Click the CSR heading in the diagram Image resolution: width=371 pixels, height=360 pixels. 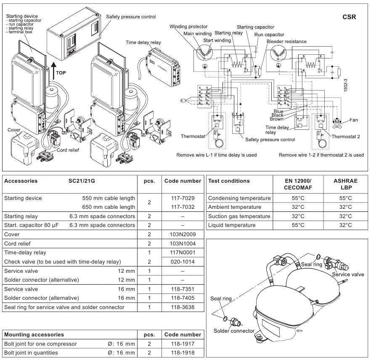click(x=349, y=17)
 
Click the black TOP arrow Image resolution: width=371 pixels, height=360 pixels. click(x=53, y=72)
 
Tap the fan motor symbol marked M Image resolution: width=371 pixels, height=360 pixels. click(x=337, y=122)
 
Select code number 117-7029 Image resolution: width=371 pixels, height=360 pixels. click(x=183, y=198)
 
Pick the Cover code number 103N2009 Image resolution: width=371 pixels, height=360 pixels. click(x=183, y=234)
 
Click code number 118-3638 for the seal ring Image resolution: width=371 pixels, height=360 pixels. click(x=183, y=307)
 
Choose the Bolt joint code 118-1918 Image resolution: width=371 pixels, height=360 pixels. click(x=183, y=352)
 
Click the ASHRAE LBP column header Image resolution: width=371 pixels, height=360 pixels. click(x=345, y=184)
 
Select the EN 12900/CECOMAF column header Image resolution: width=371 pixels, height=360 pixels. click(x=298, y=184)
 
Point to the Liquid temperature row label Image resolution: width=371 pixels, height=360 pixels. click(x=232, y=225)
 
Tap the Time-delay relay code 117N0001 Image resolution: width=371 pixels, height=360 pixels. click(x=183, y=252)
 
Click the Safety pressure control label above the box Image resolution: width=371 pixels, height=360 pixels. click(x=131, y=17)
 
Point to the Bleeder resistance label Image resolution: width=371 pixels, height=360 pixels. click(x=286, y=41)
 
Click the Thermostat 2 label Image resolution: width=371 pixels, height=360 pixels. click(x=346, y=136)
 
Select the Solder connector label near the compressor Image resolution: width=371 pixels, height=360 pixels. click(x=234, y=331)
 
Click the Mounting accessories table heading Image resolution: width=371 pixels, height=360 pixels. click(x=34, y=334)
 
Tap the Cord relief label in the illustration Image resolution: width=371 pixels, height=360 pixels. click(x=68, y=150)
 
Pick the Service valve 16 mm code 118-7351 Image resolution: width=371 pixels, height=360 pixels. click(x=183, y=289)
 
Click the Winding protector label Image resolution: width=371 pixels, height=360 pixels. click(x=188, y=27)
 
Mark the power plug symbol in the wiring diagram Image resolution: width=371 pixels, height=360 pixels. click(x=182, y=100)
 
